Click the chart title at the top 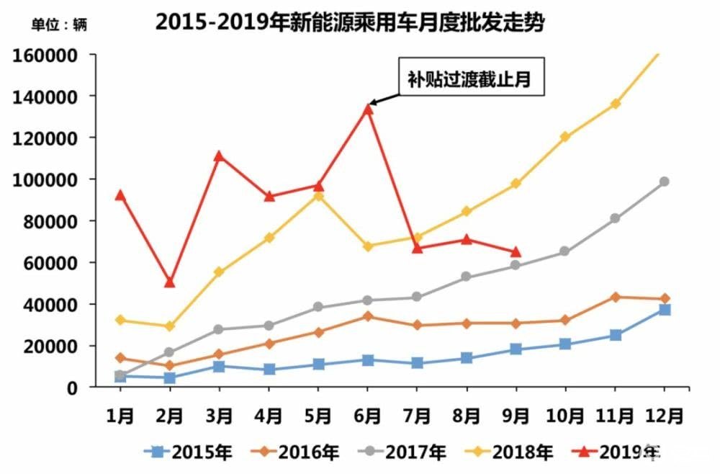tap(349, 22)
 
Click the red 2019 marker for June tap(367, 108)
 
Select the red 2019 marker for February tap(169, 282)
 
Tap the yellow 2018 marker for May tap(318, 196)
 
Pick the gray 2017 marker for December tap(665, 182)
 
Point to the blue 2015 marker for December tap(665, 310)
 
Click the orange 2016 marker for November tap(615, 297)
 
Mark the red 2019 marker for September tap(516, 252)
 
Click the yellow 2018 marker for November tap(615, 104)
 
